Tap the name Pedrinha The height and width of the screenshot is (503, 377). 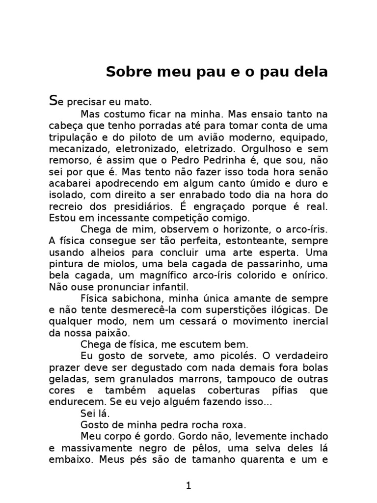pos(232,160)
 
